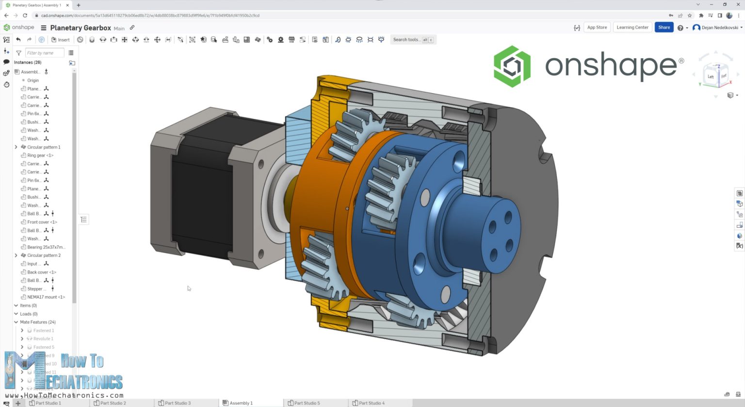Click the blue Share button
tap(664, 28)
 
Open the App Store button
tap(597, 28)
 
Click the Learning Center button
tap(632, 28)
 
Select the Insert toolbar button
tap(61, 40)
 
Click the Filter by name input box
tap(44, 53)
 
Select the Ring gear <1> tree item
tap(40, 155)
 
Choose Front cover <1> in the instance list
tap(42, 222)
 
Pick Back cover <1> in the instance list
tap(42, 272)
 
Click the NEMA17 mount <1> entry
tap(46, 297)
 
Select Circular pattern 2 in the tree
tap(44, 255)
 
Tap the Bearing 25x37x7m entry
tap(46, 247)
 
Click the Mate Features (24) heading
tap(37, 322)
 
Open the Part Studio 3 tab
tap(178, 403)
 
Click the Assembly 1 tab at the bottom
tap(241, 403)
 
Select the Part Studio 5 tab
tap(307, 403)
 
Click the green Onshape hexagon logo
tap(512, 67)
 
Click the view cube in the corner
tap(716, 76)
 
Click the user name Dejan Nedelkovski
tap(719, 28)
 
